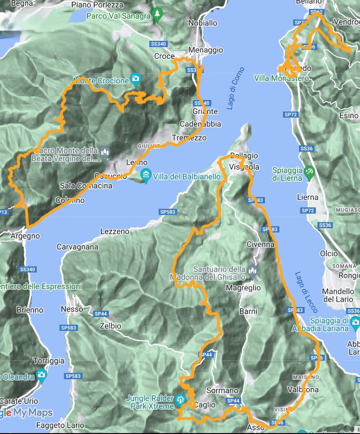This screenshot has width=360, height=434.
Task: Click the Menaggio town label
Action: click(x=206, y=50)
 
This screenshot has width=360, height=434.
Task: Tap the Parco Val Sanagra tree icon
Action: click(x=156, y=15)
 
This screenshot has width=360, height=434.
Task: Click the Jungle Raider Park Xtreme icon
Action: click(x=180, y=399)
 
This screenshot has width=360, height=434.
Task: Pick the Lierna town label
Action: click(x=308, y=197)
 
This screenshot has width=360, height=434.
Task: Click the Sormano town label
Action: click(x=222, y=390)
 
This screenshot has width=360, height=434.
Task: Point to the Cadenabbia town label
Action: click(x=200, y=124)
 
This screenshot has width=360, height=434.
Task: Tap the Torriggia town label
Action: click(x=49, y=361)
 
